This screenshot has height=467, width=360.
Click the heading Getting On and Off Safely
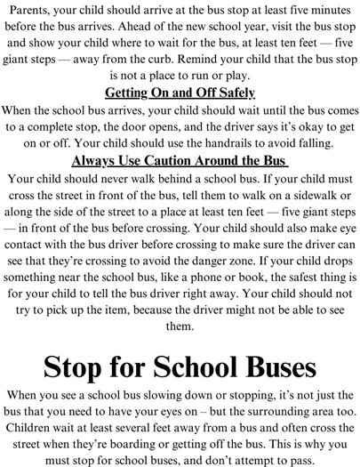(x=180, y=93)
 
